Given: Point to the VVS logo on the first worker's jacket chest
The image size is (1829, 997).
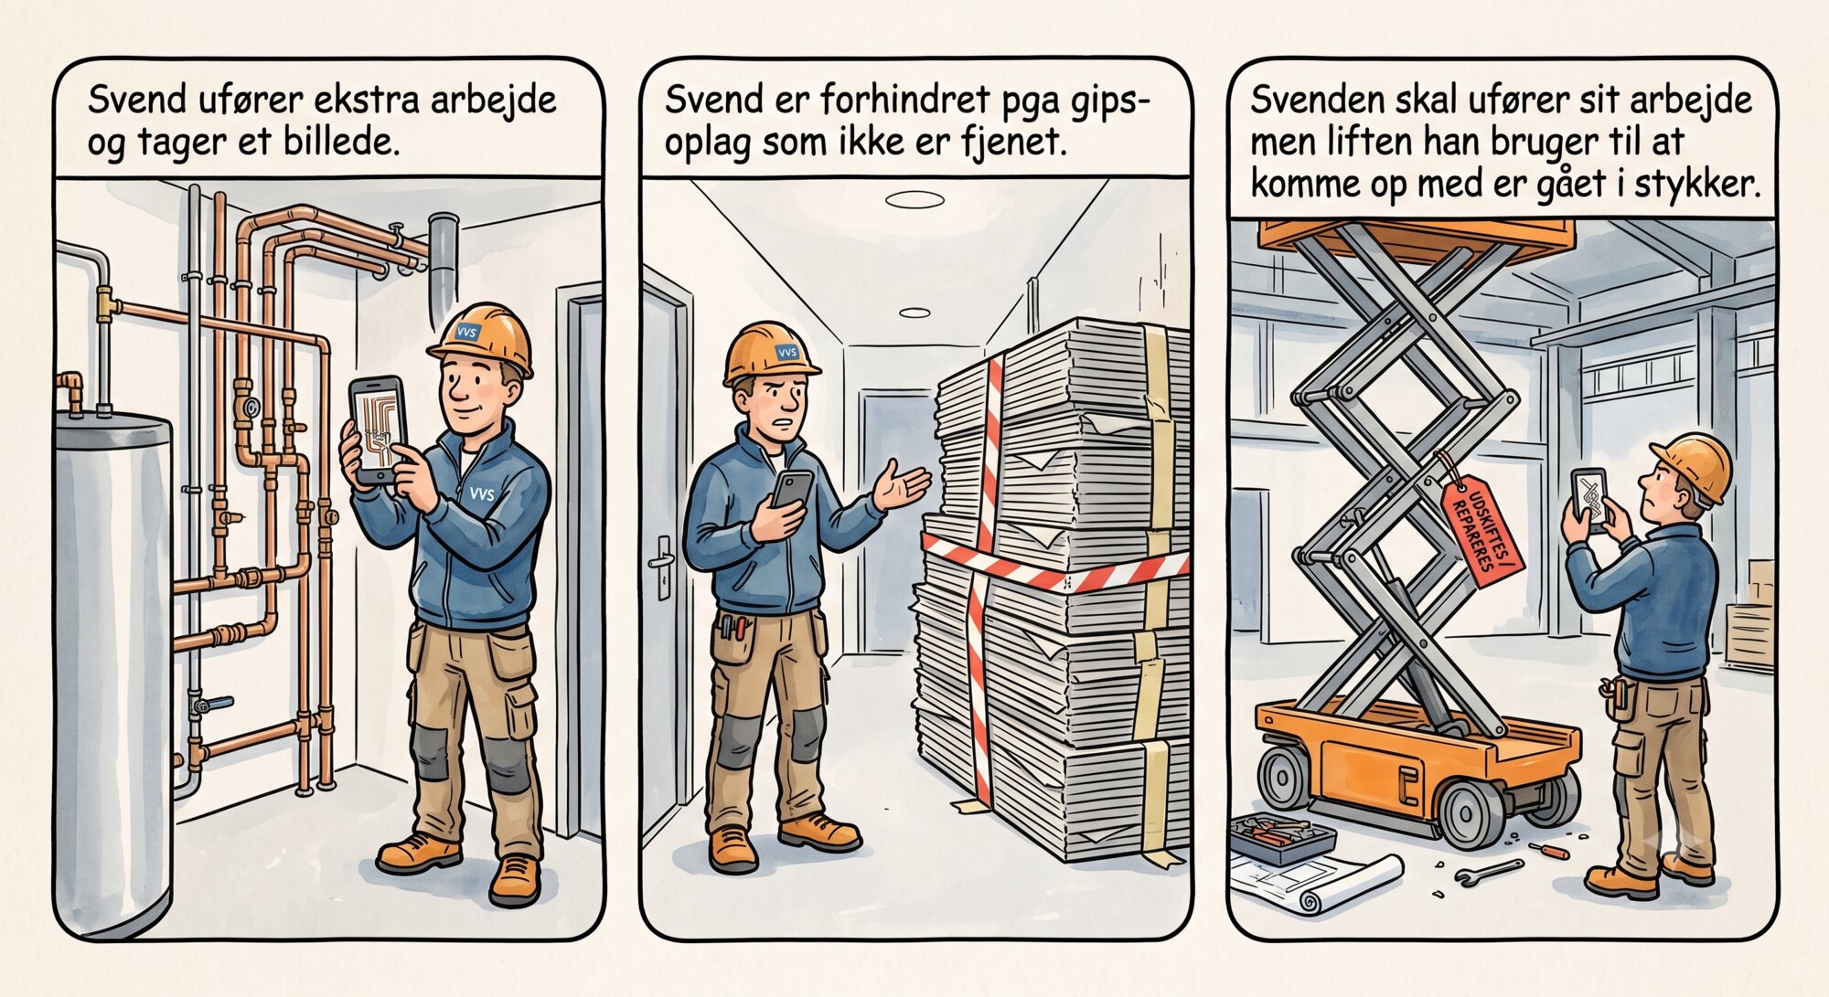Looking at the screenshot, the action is coord(481,494).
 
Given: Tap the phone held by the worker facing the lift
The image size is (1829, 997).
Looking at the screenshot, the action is coord(1590,499).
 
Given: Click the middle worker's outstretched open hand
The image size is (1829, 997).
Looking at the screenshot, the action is coord(902,487).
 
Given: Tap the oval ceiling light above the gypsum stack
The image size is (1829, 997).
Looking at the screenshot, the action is coord(914,199).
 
